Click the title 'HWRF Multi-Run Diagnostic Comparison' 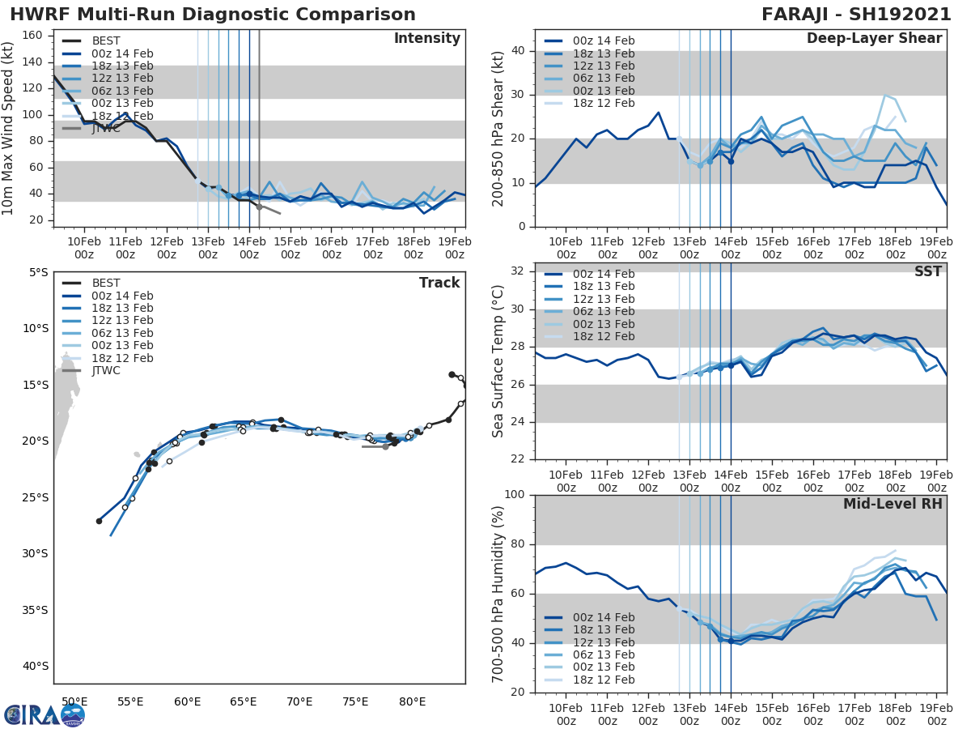point(213,15)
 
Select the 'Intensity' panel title point(426,39)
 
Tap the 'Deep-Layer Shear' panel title point(874,39)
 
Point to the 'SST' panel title point(927,271)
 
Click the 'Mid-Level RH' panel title point(893,504)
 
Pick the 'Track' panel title point(439,283)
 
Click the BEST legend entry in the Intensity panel point(106,41)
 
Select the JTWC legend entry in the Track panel point(106,371)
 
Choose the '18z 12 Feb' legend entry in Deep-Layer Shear point(603,104)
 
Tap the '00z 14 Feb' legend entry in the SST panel point(603,274)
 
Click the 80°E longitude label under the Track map point(412,701)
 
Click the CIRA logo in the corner point(45,714)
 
